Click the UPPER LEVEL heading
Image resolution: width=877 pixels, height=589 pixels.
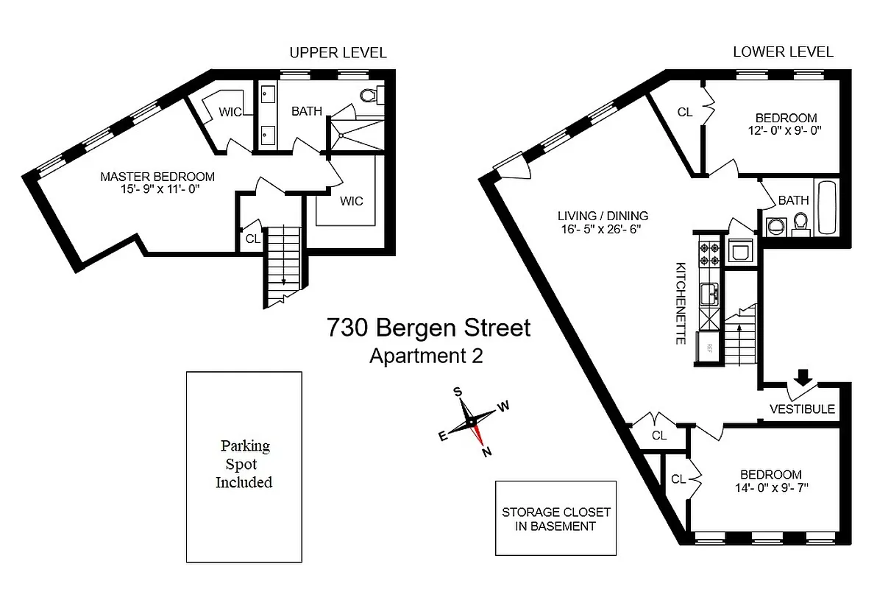click(338, 52)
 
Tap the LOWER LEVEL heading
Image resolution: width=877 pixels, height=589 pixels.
click(783, 52)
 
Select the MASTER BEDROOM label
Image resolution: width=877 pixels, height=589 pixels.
click(157, 177)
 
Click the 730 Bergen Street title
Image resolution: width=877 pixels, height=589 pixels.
click(429, 328)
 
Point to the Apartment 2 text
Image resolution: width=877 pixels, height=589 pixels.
click(426, 356)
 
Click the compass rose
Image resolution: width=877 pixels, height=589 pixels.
click(472, 422)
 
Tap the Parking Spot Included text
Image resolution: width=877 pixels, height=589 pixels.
click(244, 464)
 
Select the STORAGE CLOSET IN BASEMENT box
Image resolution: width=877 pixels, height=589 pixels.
click(555, 518)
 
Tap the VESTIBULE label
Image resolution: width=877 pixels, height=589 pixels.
click(802, 409)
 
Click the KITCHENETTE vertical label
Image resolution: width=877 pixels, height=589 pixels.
click(681, 302)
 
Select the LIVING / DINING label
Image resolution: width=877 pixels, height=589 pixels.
click(603, 216)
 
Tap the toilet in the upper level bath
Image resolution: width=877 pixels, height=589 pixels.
click(369, 95)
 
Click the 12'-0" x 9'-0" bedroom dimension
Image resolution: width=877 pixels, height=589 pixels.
click(786, 130)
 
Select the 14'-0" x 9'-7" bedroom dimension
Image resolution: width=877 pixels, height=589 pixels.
click(771, 487)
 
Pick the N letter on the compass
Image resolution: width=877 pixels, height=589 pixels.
click(486, 453)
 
